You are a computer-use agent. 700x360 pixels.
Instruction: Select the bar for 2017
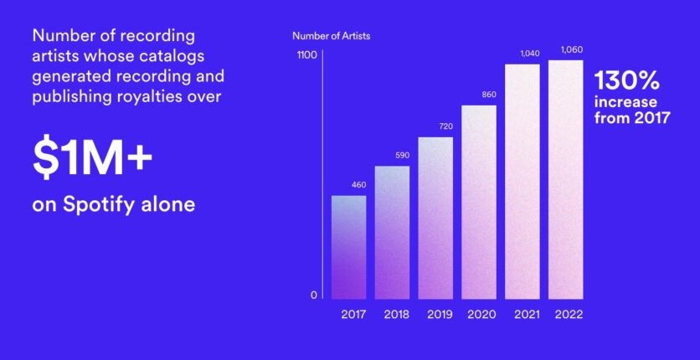(x=348, y=247)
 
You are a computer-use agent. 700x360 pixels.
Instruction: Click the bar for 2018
(x=392, y=233)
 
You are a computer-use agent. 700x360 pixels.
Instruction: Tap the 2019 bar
(x=435, y=219)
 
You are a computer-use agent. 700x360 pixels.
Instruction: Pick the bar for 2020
(x=479, y=202)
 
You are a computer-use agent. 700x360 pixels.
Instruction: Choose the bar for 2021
(x=522, y=182)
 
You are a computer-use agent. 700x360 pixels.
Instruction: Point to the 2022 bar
(x=566, y=180)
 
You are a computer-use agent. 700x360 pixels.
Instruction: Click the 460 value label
(x=358, y=185)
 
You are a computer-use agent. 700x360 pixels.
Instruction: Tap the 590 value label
(x=402, y=155)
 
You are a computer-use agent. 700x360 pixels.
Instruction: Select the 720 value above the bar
(x=445, y=126)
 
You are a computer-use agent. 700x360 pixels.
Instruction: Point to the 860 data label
(x=489, y=95)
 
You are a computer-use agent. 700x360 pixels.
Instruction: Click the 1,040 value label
(x=530, y=54)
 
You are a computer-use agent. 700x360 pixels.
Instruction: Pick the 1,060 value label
(x=572, y=49)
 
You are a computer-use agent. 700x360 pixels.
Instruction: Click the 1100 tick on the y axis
(x=307, y=55)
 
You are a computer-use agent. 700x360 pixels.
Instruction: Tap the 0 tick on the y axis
(x=314, y=295)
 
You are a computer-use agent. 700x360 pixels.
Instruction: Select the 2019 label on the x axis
(x=440, y=315)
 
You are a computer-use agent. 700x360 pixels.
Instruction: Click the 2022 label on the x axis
(x=569, y=315)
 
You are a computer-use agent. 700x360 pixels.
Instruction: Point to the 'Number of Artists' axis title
(x=332, y=36)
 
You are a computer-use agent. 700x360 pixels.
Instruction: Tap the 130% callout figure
(x=627, y=81)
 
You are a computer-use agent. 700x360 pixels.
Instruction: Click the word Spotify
(x=99, y=205)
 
